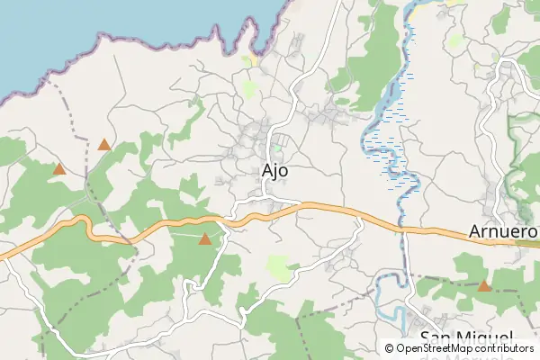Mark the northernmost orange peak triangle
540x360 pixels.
[104, 144]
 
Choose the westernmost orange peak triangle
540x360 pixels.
[59, 168]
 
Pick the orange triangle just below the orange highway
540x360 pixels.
[205, 239]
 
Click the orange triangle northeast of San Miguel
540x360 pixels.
[483, 286]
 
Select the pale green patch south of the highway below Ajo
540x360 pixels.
[280, 266]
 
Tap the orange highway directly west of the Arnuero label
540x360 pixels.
[432, 231]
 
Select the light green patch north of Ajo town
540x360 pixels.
[249, 89]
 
